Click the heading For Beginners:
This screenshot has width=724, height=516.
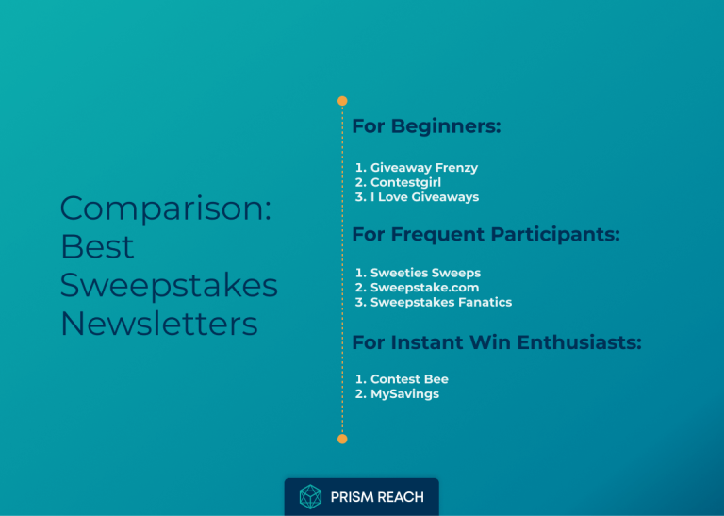point(426,126)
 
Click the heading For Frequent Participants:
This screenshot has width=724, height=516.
point(485,234)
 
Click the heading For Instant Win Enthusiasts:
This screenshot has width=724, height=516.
point(496,342)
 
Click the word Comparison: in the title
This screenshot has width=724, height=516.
point(165,208)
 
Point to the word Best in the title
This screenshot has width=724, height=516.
point(97,246)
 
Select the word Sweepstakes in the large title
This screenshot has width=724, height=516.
point(169,285)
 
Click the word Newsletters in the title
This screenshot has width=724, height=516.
point(158,324)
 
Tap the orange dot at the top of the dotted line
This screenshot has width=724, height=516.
point(342,101)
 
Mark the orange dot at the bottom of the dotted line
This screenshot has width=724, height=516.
point(342,439)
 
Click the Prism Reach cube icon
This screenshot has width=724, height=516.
point(310,496)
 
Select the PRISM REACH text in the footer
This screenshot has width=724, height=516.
point(376,497)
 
